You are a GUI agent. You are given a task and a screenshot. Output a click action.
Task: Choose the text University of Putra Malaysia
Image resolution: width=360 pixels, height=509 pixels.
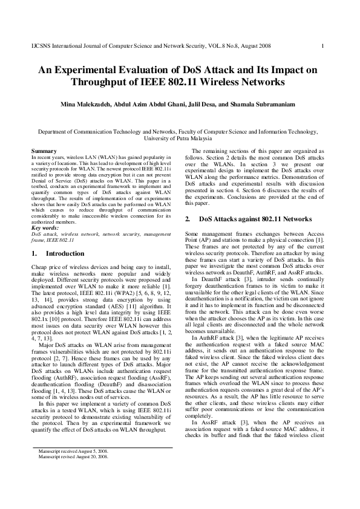coord(180,138)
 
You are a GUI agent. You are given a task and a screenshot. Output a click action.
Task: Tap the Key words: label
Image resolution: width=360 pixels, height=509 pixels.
coord(45,228)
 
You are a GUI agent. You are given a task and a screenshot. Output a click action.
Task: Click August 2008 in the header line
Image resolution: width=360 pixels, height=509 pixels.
coord(256,46)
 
